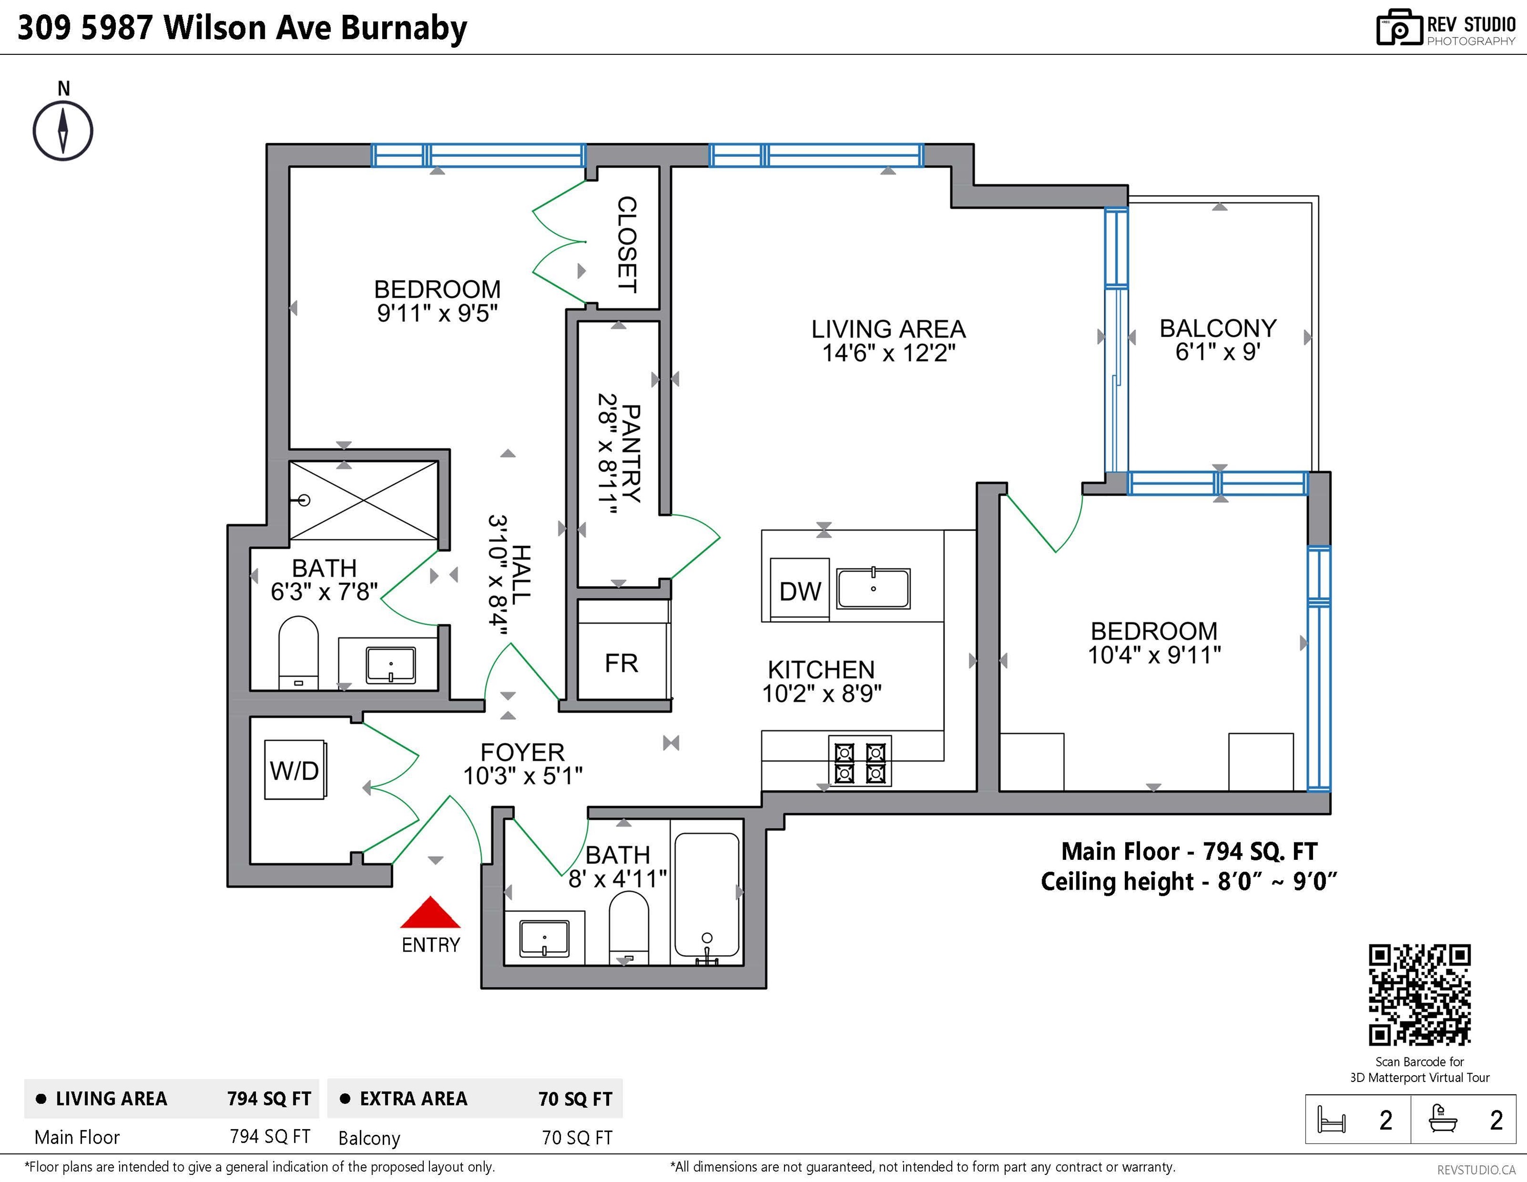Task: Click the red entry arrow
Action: (x=430, y=912)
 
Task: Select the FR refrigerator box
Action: (x=621, y=662)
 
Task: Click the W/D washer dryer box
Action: (x=295, y=770)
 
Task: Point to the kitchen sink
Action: (x=873, y=588)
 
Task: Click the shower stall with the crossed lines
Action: (x=364, y=500)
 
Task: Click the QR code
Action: (x=1419, y=995)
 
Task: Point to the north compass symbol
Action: (x=63, y=130)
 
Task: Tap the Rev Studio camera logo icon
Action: (x=1399, y=28)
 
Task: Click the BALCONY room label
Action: (x=1218, y=328)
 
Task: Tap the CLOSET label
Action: (x=627, y=244)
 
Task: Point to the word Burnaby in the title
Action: (x=404, y=28)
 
